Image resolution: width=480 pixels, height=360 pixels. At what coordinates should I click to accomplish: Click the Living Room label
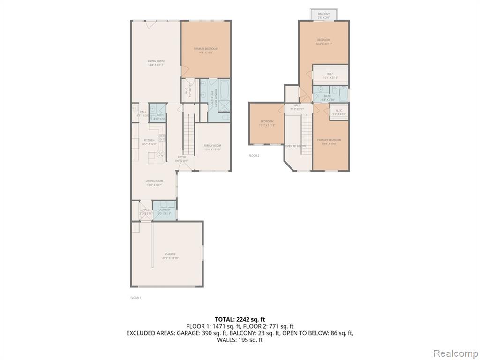coord(156,61)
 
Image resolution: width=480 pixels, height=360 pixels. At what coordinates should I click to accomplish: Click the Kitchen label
coord(149,140)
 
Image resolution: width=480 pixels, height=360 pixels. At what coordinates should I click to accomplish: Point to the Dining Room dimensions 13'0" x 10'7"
coord(154,185)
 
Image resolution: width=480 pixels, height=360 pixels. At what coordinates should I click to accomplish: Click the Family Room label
coord(212,146)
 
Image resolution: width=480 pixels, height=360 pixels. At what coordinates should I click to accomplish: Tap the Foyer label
coord(181,157)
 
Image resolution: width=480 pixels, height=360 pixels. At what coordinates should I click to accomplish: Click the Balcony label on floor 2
coord(323,14)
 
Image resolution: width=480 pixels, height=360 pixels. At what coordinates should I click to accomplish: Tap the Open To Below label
coord(295,146)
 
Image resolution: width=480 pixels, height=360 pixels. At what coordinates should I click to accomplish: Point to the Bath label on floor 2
coord(327,96)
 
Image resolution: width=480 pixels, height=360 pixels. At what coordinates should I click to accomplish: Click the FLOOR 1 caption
coord(135,298)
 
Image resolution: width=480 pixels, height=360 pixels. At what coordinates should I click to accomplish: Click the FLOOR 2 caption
coord(254,156)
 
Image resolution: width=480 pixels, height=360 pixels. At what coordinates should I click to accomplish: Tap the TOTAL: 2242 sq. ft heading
coord(240,319)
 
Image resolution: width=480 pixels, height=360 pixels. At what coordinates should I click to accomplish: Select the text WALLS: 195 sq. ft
coord(240,340)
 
